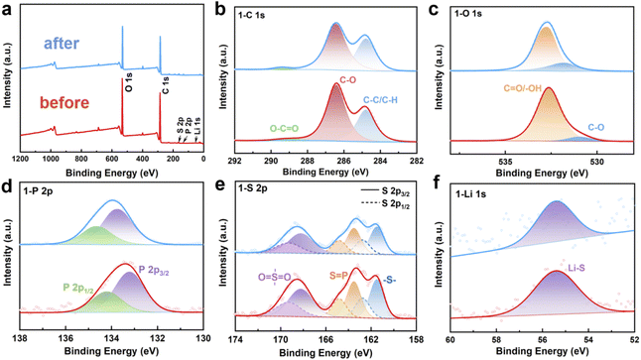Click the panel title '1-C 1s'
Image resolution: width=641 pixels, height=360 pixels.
[263, 15]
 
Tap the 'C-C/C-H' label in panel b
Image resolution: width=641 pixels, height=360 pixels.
[387, 97]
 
